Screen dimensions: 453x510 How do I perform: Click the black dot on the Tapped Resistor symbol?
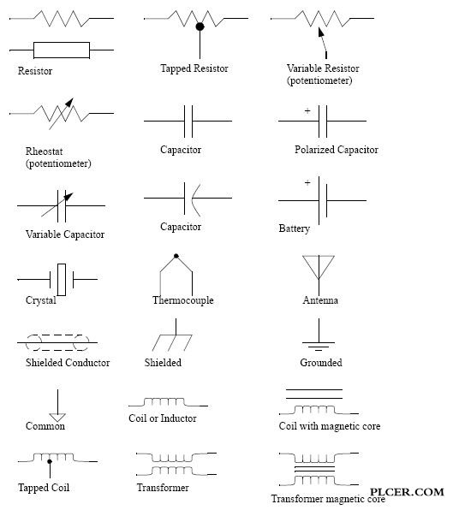click(x=200, y=27)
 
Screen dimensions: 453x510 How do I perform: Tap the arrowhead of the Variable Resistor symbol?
click(x=321, y=32)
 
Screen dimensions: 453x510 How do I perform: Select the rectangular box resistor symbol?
click(x=62, y=50)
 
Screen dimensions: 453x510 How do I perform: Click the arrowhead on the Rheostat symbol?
click(x=69, y=102)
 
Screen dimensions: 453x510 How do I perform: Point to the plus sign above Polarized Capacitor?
click(x=307, y=111)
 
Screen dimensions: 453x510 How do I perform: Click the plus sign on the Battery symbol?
click(x=307, y=182)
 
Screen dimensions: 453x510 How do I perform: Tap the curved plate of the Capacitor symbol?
click(x=194, y=199)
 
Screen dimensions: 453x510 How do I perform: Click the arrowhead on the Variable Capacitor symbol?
click(x=69, y=197)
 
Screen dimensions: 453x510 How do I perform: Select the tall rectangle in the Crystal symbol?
click(x=62, y=280)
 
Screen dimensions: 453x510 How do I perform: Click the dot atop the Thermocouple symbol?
click(x=176, y=256)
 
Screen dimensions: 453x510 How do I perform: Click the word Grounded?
click(x=321, y=363)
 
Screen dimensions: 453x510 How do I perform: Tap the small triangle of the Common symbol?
click(x=57, y=418)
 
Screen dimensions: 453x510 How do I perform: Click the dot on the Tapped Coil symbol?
click(x=50, y=461)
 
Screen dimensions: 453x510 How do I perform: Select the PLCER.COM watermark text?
click(x=407, y=492)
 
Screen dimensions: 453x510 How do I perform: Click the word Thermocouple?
click(x=183, y=299)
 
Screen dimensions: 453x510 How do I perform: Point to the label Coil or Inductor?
click(x=163, y=418)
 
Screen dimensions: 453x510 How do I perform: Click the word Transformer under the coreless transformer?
click(x=163, y=488)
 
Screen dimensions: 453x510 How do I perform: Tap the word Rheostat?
click(x=44, y=151)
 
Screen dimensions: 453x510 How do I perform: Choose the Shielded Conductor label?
click(x=68, y=363)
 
